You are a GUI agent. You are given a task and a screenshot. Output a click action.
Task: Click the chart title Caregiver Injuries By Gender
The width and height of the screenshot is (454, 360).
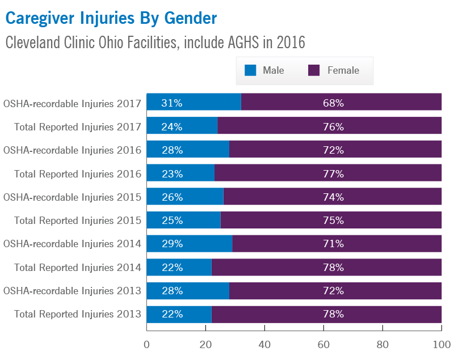point(111,18)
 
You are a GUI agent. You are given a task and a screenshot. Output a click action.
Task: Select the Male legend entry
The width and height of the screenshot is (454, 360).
point(264,70)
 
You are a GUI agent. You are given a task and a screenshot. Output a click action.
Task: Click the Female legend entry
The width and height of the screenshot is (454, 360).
point(334,70)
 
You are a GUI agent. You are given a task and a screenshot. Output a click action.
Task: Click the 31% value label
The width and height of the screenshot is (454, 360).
point(171,103)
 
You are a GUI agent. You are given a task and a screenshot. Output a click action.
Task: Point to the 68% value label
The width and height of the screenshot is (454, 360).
point(333,103)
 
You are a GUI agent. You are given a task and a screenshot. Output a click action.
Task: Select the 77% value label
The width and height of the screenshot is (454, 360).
point(333,173)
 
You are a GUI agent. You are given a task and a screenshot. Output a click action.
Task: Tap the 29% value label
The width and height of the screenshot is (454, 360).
point(171,244)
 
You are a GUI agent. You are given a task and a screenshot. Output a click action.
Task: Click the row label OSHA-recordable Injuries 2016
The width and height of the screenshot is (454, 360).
point(72,150)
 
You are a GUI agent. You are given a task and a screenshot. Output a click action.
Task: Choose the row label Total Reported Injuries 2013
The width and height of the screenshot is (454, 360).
point(77,314)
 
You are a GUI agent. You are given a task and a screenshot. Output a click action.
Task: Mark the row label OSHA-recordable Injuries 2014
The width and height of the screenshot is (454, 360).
point(72,244)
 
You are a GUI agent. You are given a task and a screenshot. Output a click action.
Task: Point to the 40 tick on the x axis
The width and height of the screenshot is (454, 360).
point(264,344)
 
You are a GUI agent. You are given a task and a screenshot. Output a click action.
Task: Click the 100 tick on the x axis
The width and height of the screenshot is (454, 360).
point(441,344)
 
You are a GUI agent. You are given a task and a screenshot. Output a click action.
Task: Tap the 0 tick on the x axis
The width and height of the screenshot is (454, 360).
point(147,344)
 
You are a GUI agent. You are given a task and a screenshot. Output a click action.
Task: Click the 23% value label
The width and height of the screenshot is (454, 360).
point(171,173)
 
